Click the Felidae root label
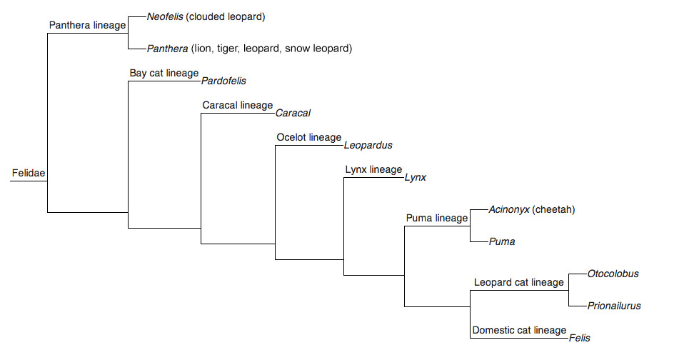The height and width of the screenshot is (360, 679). point(29,173)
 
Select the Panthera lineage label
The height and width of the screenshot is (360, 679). point(87,25)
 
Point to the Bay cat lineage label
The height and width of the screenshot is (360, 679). point(164,73)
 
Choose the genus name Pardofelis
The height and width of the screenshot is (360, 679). point(223,81)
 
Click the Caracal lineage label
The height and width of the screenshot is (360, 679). point(238,105)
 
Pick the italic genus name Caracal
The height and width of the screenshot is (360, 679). point(293,113)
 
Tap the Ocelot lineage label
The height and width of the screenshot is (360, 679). point(309,137)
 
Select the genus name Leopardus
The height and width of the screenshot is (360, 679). point(368,145)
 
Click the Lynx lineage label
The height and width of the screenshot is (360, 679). point(373,169)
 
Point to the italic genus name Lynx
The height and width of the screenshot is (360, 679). point(415,177)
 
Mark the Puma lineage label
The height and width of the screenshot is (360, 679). point(436,218)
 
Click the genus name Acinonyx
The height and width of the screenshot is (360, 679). point(508,209)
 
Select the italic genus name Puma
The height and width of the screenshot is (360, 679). point(502,241)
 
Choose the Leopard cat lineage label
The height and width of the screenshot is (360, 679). point(519,282)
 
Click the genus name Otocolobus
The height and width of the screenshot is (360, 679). point(613,274)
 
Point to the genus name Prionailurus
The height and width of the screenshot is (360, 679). point(614,306)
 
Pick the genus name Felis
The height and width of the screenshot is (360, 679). point(580,338)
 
